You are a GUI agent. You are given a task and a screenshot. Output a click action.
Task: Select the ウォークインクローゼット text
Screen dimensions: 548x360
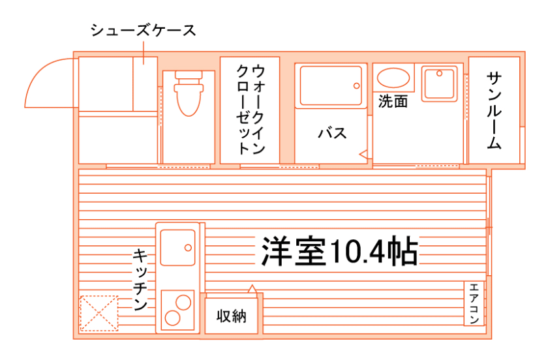[250, 109]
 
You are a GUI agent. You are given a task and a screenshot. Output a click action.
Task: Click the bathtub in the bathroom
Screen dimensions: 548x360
[331, 85]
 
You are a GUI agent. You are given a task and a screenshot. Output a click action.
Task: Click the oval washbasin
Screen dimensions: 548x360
[393, 78]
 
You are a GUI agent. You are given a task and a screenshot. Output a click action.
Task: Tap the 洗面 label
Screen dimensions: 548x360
[393, 102]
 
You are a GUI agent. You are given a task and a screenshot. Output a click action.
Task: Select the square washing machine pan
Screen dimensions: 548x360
[440, 83]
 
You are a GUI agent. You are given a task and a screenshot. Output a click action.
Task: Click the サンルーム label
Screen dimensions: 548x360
[494, 110]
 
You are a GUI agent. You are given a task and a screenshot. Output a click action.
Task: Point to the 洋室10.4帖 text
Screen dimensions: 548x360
[339, 250]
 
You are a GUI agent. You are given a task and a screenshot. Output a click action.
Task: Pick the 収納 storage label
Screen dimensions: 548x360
[232, 317]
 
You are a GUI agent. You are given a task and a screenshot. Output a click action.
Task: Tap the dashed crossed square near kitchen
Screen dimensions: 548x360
[99, 314]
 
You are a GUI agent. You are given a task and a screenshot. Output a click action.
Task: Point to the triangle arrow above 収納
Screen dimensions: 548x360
[252, 287]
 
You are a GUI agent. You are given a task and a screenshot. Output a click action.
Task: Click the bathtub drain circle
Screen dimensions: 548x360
[356, 85]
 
